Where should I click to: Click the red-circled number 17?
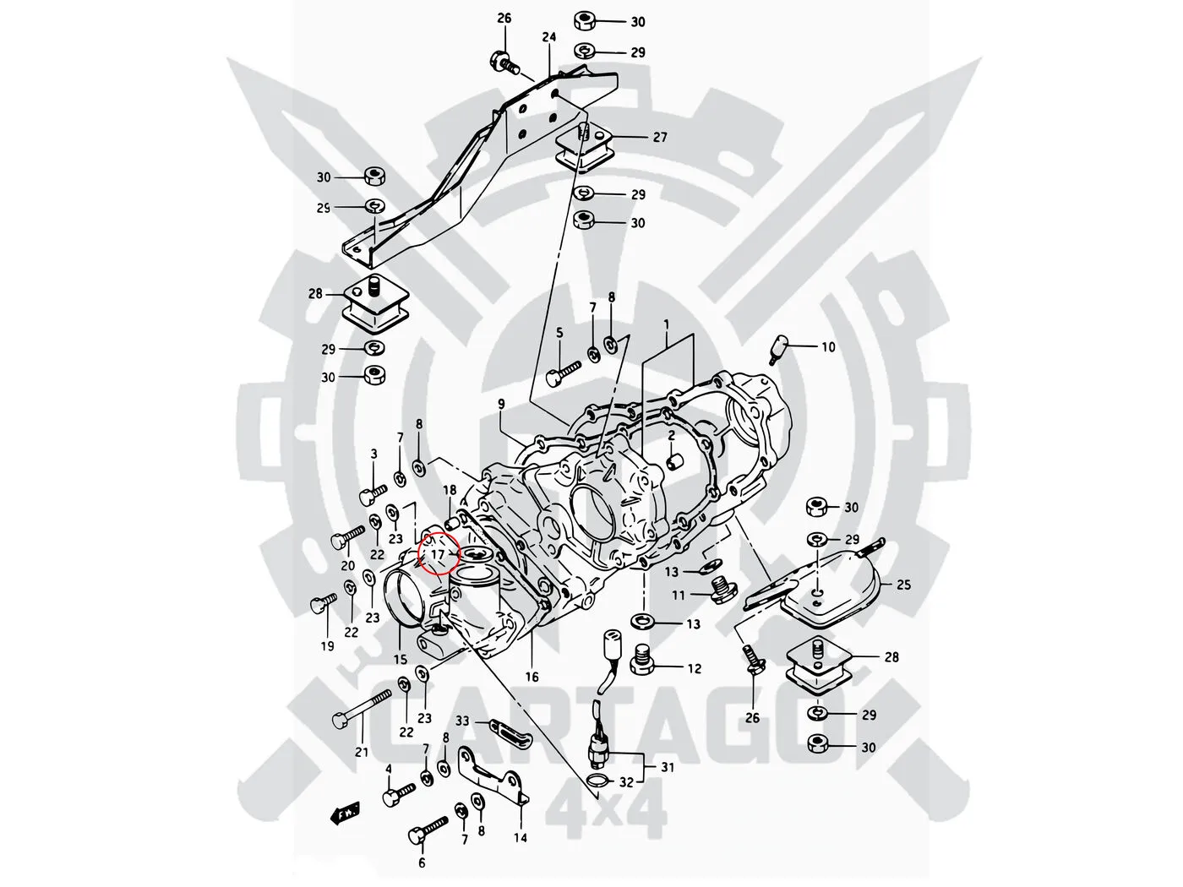[x=439, y=554]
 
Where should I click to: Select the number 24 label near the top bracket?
[x=549, y=37]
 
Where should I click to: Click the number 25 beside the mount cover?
[x=904, y=584]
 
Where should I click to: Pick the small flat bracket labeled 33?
[x=505, y=732]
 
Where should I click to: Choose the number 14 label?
[x=520, y=838]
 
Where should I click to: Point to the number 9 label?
[x=502, y=405]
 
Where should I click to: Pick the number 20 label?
[x=347, y=565]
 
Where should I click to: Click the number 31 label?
[x=668, y=767]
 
